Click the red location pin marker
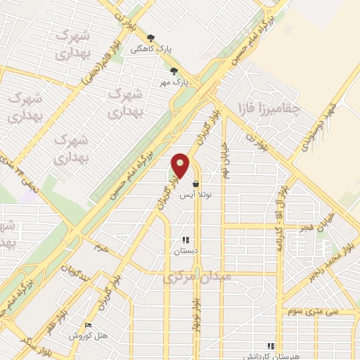point(181,166)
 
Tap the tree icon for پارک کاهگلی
point(150,38)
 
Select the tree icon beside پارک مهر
point(174,70)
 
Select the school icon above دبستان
point(186,240)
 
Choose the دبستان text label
point(186,250)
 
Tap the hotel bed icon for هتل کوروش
point(87,324)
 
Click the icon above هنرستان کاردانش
point(270,345)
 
